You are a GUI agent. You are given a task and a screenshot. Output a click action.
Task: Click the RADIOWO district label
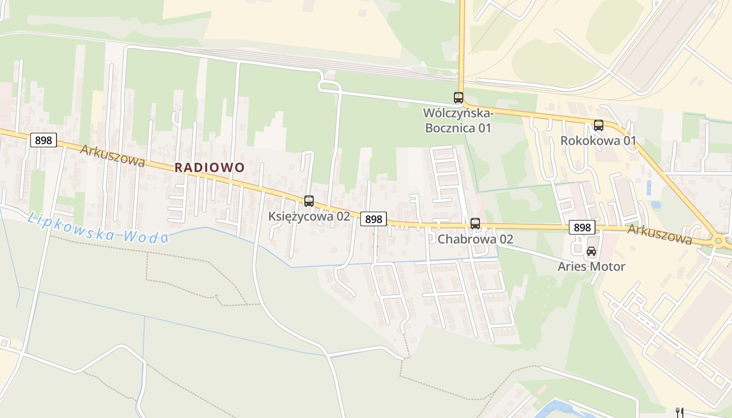click(209, 167)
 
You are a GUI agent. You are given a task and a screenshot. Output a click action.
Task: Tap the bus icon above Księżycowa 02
click(309, 201)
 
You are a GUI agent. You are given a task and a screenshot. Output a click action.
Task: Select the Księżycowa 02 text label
click(309, 216)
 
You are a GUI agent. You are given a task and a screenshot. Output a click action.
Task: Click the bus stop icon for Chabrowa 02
click(475, 224)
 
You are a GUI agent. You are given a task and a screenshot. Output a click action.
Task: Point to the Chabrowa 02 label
click(475, 239)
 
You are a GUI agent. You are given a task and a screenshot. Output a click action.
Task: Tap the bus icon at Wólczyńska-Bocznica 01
click(459, 98)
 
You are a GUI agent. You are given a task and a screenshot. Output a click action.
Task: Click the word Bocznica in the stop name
click(451, 128)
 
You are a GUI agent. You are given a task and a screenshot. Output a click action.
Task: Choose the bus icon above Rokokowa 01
click(599, 125)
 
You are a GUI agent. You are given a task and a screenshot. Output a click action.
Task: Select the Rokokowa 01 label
click(598, 141)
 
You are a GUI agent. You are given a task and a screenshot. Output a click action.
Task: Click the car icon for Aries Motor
click(591, 251)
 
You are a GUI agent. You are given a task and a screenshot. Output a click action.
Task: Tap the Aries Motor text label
click(591, 266)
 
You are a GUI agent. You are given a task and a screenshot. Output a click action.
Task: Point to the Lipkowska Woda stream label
click(98, 228)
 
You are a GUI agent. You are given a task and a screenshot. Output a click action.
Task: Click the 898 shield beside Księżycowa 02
click(373, 219)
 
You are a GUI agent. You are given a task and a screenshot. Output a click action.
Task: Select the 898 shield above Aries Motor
click(582, 227)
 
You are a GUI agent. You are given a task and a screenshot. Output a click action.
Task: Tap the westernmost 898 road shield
click(43, 140)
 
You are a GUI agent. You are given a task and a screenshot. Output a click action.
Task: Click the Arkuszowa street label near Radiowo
click(112, 156)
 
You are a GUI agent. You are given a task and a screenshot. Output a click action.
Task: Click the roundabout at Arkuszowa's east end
click(719, 241)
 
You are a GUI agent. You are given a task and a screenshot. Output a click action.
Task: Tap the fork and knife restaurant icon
click(680, 412)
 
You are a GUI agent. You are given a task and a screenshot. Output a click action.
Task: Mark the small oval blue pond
click(656, 205)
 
